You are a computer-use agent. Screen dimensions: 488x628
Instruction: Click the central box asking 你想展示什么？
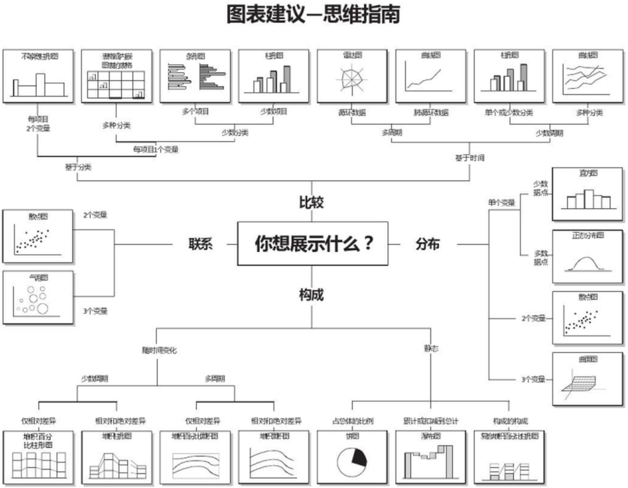[313, 244]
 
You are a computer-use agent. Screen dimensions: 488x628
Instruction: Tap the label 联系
[200, 244]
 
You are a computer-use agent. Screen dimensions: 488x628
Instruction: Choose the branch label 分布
[427, 244]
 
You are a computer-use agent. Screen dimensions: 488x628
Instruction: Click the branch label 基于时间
[469, 158]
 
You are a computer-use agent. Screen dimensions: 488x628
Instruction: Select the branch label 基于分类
[78, 166]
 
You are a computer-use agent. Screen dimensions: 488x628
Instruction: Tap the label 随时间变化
[159, 351]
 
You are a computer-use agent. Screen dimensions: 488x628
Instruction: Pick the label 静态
[431, 349]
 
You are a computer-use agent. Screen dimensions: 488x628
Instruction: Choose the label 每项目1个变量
[156, 149]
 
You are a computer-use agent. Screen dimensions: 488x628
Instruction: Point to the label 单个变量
[501, 203]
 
